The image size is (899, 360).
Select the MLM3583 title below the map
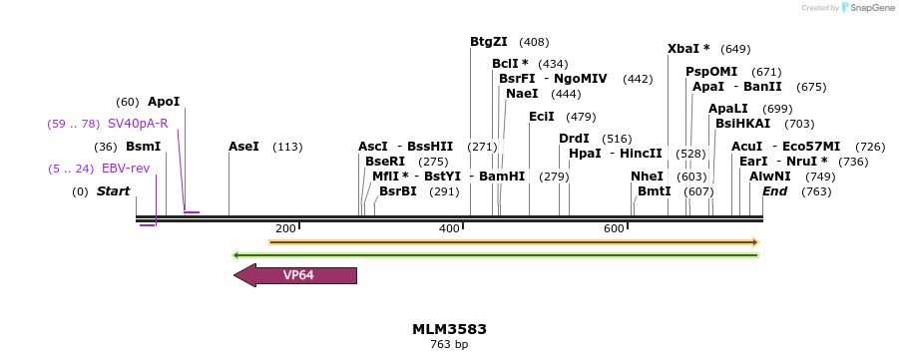(449, 329)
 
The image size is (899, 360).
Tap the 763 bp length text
(449, 345)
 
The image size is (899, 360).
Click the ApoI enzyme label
(164, 102)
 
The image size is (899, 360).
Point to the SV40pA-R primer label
(138, 124)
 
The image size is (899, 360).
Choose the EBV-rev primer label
(126, 169)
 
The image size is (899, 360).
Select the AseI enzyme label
(243, 147)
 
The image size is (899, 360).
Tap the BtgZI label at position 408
(489, 42)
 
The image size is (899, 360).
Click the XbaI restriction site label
(688, 49)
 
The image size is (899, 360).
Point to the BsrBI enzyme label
(398, 191)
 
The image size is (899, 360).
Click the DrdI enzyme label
(574, 139)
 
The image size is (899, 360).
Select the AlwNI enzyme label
(770, 177)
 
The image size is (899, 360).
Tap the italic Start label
(113, 191)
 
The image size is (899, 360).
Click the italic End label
(775, 191)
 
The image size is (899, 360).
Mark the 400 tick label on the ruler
(449, 229)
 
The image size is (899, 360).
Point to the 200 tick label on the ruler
(285, 229)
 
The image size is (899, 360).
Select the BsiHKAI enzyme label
(742, 124)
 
